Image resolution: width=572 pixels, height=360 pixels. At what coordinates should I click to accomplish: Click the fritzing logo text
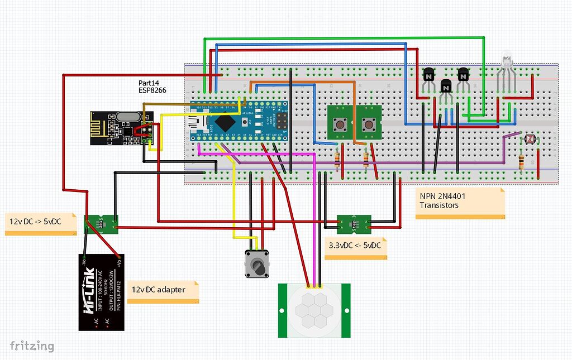[31, 346]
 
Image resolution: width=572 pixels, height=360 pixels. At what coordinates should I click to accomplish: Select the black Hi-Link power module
[101, 292]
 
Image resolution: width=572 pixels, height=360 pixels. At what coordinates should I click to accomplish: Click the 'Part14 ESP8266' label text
[152, 87]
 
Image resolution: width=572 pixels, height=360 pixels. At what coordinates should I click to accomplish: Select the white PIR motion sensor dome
[314, 310]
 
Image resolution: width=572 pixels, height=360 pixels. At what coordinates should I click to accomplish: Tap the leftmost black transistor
[428, 75]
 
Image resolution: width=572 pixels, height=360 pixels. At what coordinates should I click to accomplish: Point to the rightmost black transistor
[463, 75]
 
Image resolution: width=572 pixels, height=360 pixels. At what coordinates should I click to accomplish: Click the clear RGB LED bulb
[506, 60]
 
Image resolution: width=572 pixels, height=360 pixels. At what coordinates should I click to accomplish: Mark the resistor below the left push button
[337, 160]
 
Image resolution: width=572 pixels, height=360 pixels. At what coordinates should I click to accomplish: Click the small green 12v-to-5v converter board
[101, 224]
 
